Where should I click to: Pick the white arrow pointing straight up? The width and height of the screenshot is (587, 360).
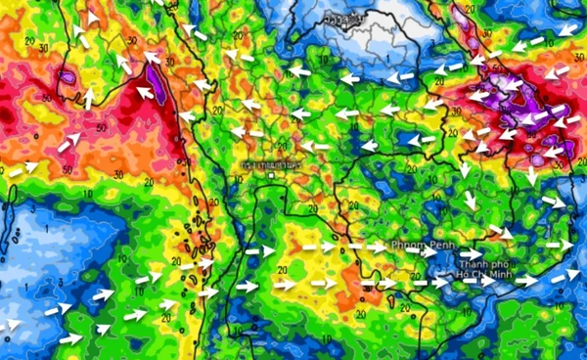(88, 97)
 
